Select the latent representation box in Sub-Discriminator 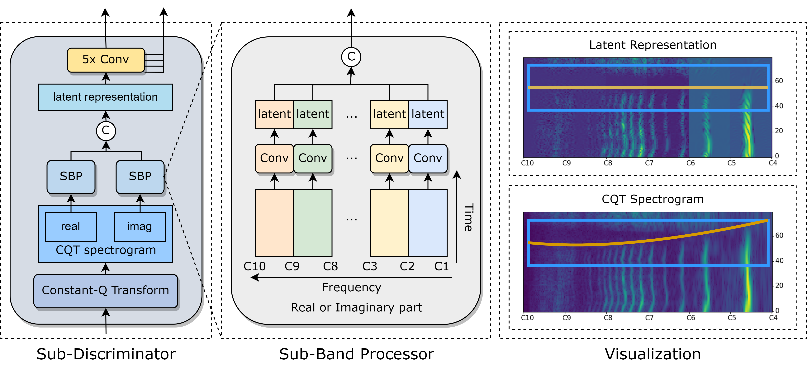[x=106, y=97]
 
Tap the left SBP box [x=71, y=177]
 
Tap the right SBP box [x=140, y=177]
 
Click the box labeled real [x=71, y=227]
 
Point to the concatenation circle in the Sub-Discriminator [x=106, y=131]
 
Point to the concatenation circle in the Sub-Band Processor [x=351, y=57]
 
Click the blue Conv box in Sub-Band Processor [x=428, y=158]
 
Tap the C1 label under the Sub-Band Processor [x=441, y=266]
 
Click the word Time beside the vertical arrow [x=468, y=218]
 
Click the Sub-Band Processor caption [x=357, y=354]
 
